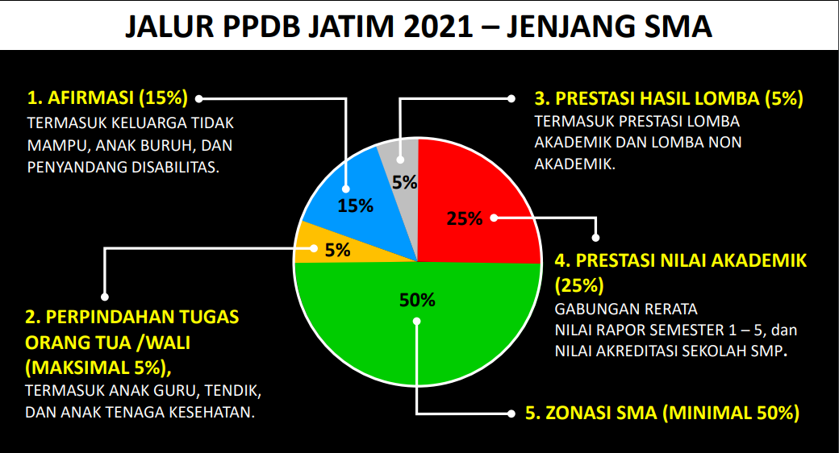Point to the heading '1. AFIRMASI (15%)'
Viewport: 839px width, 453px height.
coord(107,98)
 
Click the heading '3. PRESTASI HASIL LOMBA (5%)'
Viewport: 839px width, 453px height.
coord(669,99)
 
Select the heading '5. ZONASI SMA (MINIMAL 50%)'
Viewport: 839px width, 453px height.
coord(662,414)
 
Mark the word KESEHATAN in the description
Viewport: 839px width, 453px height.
coord(214,412)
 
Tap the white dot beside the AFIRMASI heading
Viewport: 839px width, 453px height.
coord(198,98)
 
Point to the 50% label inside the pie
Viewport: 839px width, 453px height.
coord(417,301)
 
